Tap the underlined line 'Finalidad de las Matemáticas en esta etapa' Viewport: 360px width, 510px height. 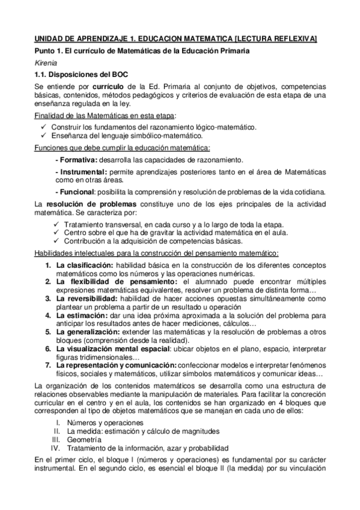coord(100,115)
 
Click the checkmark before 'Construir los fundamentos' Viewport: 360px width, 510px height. coord(44,127)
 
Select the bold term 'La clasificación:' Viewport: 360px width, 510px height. coord(84,265)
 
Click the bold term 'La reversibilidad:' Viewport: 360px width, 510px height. coord(87,298)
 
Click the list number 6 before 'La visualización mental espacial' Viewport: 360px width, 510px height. coord(49,348)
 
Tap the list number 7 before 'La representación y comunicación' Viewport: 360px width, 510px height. coord(49,364)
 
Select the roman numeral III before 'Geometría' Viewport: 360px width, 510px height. coord(56,440)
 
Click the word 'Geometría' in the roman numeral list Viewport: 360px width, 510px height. coord(84,440)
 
